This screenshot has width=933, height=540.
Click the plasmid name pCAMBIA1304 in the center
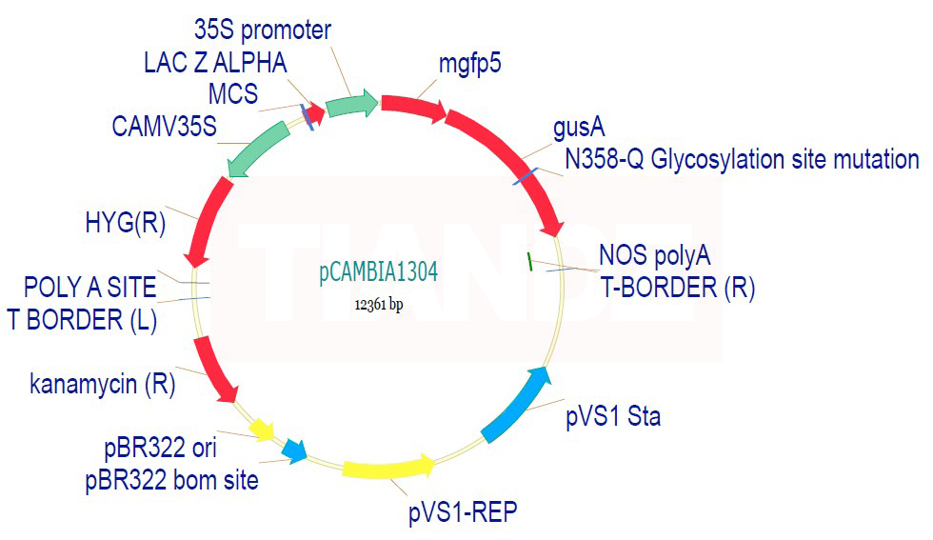379,272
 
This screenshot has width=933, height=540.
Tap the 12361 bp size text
379,304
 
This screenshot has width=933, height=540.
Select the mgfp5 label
470,63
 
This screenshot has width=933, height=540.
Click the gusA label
579,128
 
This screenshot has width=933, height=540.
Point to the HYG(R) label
126,223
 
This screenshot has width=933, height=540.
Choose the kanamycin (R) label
103,384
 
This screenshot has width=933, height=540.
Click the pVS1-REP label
463,512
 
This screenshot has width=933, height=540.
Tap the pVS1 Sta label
613,416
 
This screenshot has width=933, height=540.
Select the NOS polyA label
655,256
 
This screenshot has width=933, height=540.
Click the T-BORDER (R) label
678,289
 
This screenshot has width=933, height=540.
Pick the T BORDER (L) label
82,320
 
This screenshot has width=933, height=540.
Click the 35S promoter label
263,30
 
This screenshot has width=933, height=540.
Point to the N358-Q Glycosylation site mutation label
742,160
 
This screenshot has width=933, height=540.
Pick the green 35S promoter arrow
352,104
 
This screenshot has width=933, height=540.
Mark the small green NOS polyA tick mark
529,261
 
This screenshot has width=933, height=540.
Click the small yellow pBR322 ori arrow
262,430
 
